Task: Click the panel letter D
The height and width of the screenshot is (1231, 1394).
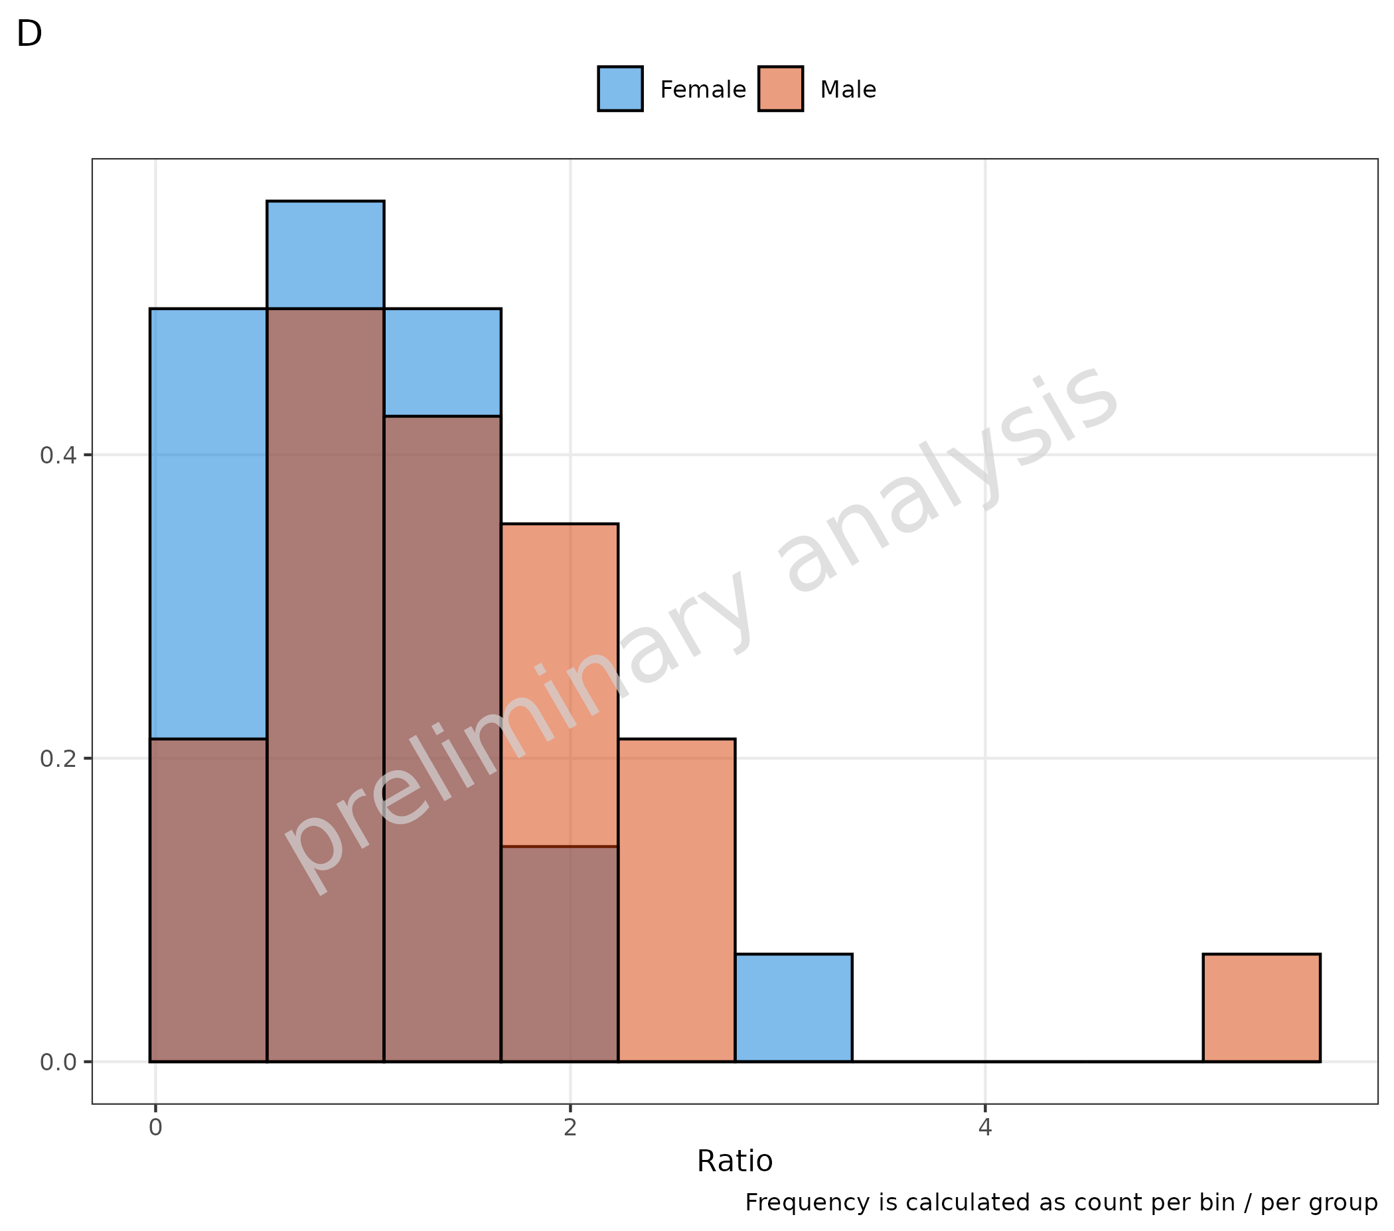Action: (29, 33)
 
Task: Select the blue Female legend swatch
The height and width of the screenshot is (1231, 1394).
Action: (620, 89)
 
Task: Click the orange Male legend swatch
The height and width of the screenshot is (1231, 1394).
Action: (780, 89)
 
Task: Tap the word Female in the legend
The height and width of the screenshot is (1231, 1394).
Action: (702, 90)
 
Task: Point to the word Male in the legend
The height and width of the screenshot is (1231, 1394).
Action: (848, 90)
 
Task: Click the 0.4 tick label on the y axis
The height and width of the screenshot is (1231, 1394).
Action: (57, 455)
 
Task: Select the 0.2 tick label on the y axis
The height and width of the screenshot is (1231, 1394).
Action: (57, 758)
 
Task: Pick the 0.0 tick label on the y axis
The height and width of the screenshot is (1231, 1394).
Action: (57, 1062)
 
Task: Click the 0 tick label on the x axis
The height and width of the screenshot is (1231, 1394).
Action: (155, 1128)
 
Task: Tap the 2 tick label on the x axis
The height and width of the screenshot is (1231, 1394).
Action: (570, 1128)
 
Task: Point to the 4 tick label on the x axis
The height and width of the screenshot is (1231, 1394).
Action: (985, 1128)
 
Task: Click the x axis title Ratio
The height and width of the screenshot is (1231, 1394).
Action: (735, 1161)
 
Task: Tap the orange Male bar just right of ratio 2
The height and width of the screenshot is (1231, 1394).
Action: (676, 900)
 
